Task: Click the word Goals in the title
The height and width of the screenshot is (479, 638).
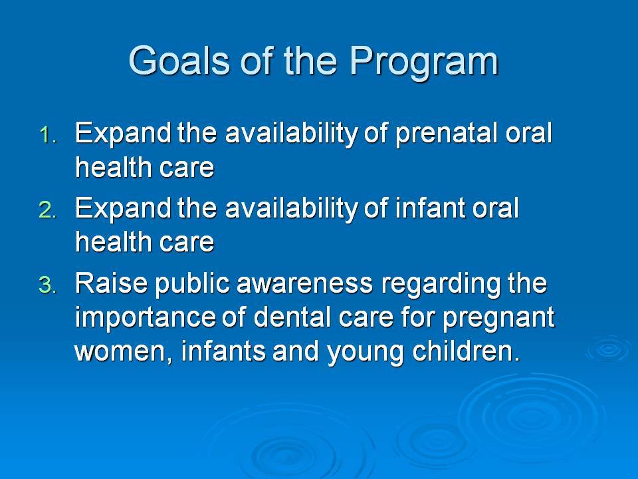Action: coord(179,61)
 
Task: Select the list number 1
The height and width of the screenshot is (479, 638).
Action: coord(49,135)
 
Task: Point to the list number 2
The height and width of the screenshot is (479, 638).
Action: coord(48,210)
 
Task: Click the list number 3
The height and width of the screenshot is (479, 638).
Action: coord(48,285)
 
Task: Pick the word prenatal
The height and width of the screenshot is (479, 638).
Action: coord(447,134)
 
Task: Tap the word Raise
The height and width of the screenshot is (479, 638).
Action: coord(111,283)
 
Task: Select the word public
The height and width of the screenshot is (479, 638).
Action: coord(193,284)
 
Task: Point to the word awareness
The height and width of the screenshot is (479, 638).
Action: coord(304,284)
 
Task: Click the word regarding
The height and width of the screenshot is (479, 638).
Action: coord(441,285)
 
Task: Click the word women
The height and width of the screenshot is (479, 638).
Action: coord(123,351)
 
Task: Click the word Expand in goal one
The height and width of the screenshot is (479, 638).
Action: coord(123,134)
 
